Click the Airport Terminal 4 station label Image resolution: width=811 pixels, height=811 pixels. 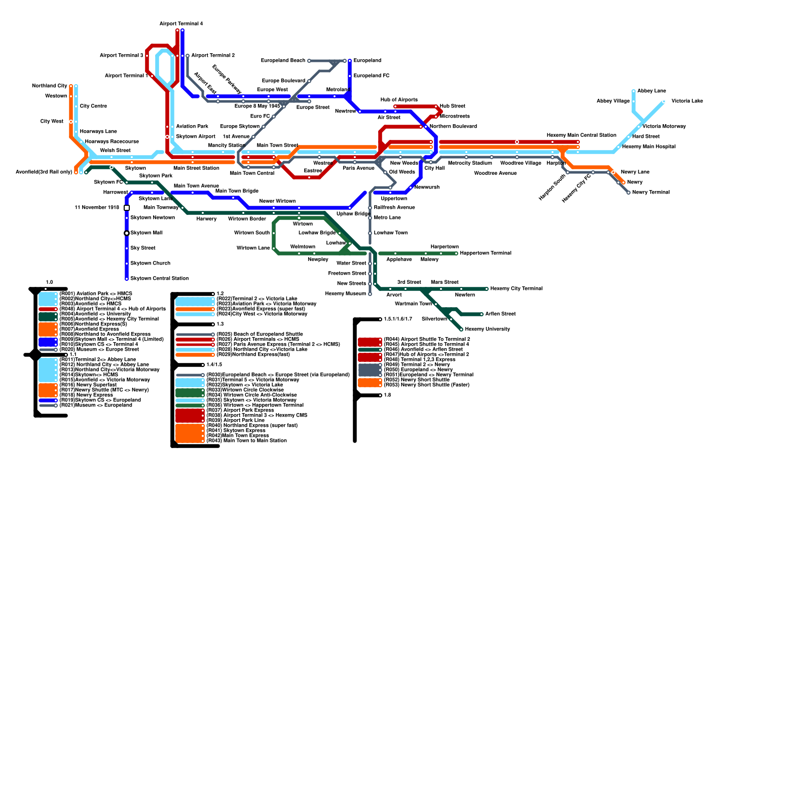tap(181, 24)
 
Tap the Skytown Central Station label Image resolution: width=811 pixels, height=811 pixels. tap(159, 278)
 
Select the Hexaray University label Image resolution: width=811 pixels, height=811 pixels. tap(487, 329)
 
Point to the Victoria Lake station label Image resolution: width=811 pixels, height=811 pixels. tap(687, 101)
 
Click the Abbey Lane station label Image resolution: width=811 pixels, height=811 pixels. tap(651, 91)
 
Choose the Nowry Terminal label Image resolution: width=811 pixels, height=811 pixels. tap(650, 193)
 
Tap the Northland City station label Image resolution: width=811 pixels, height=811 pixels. tap(49, 86)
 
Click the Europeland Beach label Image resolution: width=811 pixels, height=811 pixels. tap(283, 61)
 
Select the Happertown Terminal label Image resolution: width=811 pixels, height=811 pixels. tap(485, 253)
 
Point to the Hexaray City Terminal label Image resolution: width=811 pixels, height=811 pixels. tap(516, 289)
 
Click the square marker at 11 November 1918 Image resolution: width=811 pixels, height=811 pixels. tap(127, 208)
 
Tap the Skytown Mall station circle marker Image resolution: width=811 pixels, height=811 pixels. tap(127, 233)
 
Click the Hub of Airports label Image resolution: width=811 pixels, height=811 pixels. tap(399, 100)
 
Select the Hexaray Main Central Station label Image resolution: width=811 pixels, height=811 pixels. tap(581, 135)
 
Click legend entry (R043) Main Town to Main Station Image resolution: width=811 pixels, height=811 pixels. tap(246, 440)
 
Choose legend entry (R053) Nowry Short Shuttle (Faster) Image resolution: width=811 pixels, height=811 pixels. tap(426, 385)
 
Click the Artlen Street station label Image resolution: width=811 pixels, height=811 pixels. tap(500, 314)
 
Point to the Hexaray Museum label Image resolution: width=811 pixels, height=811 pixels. tap(345, 294)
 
